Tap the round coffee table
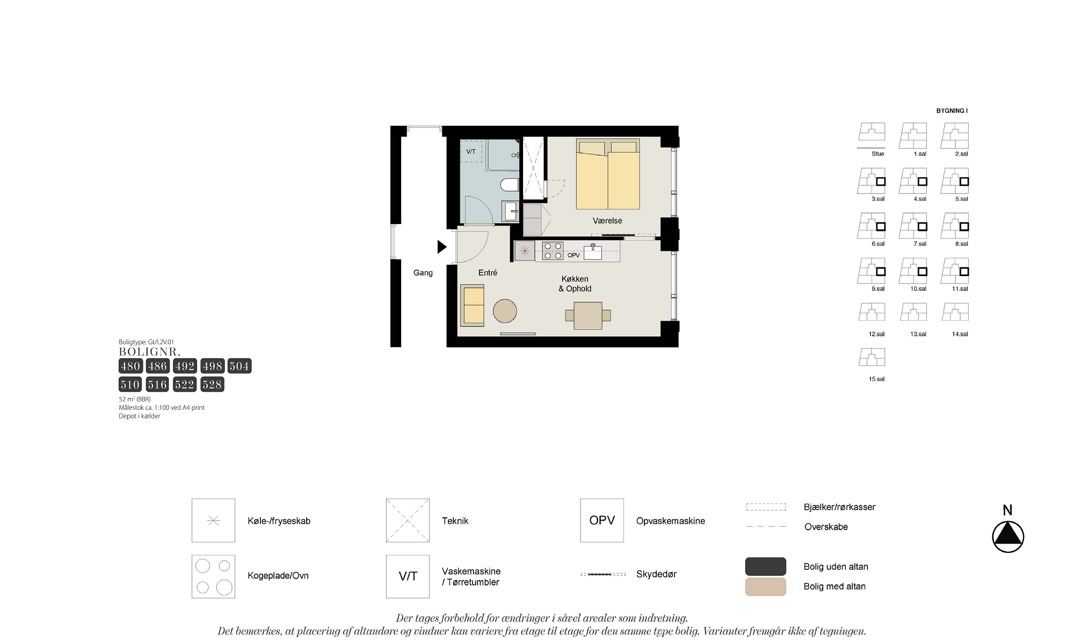pos(505,311)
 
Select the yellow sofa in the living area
pos(473,305)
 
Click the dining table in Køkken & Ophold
pos(588,315)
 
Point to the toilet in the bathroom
pos(510,185)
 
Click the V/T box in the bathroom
pos(471,151)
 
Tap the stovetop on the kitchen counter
pos(553,251)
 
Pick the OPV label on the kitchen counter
pos(574,255)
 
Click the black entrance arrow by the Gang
pos(442,247)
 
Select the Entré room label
pos(488,273)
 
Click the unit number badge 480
pos(130,366)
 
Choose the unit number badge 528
pos(212,385)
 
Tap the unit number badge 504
pos(240,366)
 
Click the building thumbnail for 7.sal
pos(913,226)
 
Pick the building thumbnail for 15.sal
pos(872,357)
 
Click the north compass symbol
pos(1008,537)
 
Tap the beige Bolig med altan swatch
pos(766,587)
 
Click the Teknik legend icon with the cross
pos(408,520)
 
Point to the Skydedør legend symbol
pos(603,574)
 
